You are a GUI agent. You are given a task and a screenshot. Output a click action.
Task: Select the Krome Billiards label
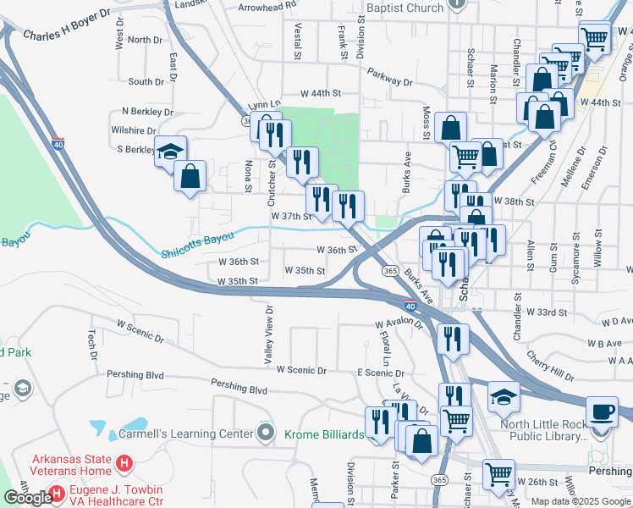coord(322,434)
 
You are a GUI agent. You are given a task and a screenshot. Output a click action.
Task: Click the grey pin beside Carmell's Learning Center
coord(266,433)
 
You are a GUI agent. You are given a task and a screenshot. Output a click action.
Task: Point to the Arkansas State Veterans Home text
coord(70,465)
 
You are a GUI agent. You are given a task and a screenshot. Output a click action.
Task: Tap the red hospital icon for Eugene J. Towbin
coord(57,492)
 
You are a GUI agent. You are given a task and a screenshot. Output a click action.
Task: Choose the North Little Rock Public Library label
coord(542,431)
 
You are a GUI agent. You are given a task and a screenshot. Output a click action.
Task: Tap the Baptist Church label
coord(405,8)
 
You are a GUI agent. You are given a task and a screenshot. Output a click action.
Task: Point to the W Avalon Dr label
coord(399,323)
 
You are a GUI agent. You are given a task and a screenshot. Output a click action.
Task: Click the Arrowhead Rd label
coord(267,5)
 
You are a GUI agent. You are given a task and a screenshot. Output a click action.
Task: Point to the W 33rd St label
coord(547,312)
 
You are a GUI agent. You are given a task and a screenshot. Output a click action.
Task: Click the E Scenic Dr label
coord(382,373)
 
